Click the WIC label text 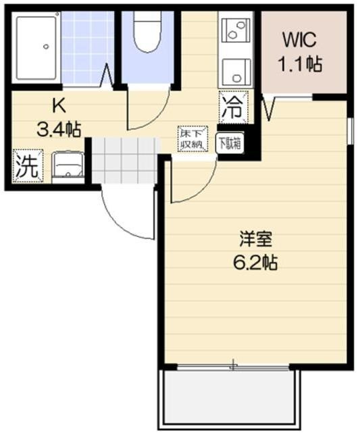point(299,40)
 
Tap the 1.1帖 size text point(299,64)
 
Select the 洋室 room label point(256,239)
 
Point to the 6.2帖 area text point(255,263)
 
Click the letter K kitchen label point(59,106)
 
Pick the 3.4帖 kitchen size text point(59,130)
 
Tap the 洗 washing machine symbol point(28,166)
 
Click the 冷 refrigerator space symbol point(233,107)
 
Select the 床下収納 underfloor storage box point(193,139)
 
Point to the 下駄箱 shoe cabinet point(230,143)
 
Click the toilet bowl point(148,32)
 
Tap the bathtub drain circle point(46,47)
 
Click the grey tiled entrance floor point(124,160)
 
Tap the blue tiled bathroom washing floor point(87,47)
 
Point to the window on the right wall point(350,131)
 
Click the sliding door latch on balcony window point(233,365)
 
